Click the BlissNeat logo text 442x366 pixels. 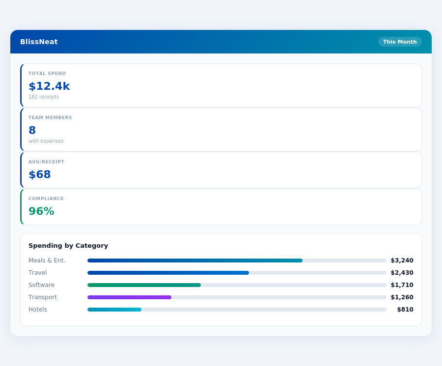click(39, 42)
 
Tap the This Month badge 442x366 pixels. click(400, 42)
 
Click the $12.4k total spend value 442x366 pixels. click(49, 86)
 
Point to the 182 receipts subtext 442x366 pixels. click(44, 97)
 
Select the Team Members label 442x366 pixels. click(50, 118)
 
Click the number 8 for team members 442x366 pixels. click(32, 131)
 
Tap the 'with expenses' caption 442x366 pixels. click(46, 141)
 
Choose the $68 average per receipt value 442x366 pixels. click(40, 175)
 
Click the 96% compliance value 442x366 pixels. click(41, 211)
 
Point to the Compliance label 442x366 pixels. click(46, 199)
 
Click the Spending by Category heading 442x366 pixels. click(68, 246)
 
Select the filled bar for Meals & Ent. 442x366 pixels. click(195, 261)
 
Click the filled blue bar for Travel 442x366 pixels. click(168, 273)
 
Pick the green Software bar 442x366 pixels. click(144, 285)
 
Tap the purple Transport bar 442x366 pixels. click(129, 297)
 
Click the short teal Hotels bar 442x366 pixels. click(114, 310)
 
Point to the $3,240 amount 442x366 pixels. click(402, 261)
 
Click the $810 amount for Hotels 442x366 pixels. click(405, 310)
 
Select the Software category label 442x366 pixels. click(42, 285)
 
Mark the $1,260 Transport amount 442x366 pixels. click(402, 297)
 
